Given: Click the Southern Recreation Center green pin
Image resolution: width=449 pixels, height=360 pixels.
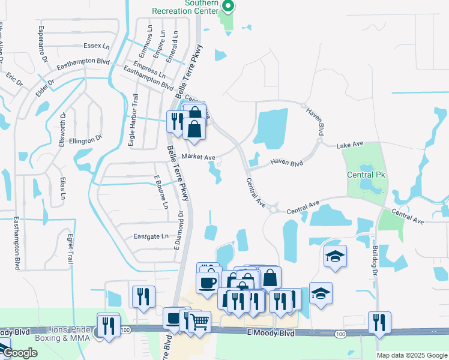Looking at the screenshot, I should (x=228, y=7).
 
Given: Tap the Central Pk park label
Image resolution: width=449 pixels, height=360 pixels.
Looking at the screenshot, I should (x=364, y=175).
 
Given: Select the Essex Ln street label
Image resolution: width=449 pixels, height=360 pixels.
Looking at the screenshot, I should (x=97, y=46).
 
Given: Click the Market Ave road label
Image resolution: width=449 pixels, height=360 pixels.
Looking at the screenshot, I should (x=198, y=157).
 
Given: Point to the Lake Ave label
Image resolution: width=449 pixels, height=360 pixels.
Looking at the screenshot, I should (x=351, y=145).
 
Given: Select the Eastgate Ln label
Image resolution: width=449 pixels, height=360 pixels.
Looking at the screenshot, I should (x=147, y=236).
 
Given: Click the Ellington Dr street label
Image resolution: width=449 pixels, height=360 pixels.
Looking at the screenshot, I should (x=86, y=140).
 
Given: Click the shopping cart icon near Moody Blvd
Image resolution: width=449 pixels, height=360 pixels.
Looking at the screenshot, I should (x=199, y=322).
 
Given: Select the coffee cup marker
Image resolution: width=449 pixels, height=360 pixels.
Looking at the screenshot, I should (x=208, y=282).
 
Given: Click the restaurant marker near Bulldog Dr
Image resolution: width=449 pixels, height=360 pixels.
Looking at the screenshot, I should (x=379, y=322).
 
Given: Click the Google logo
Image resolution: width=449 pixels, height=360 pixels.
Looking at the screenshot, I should (x=20, y=353).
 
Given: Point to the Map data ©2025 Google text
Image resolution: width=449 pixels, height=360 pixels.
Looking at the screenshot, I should (x=411, y=355).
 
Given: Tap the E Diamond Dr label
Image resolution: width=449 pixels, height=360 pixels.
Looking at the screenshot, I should (x=178, y=234).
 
